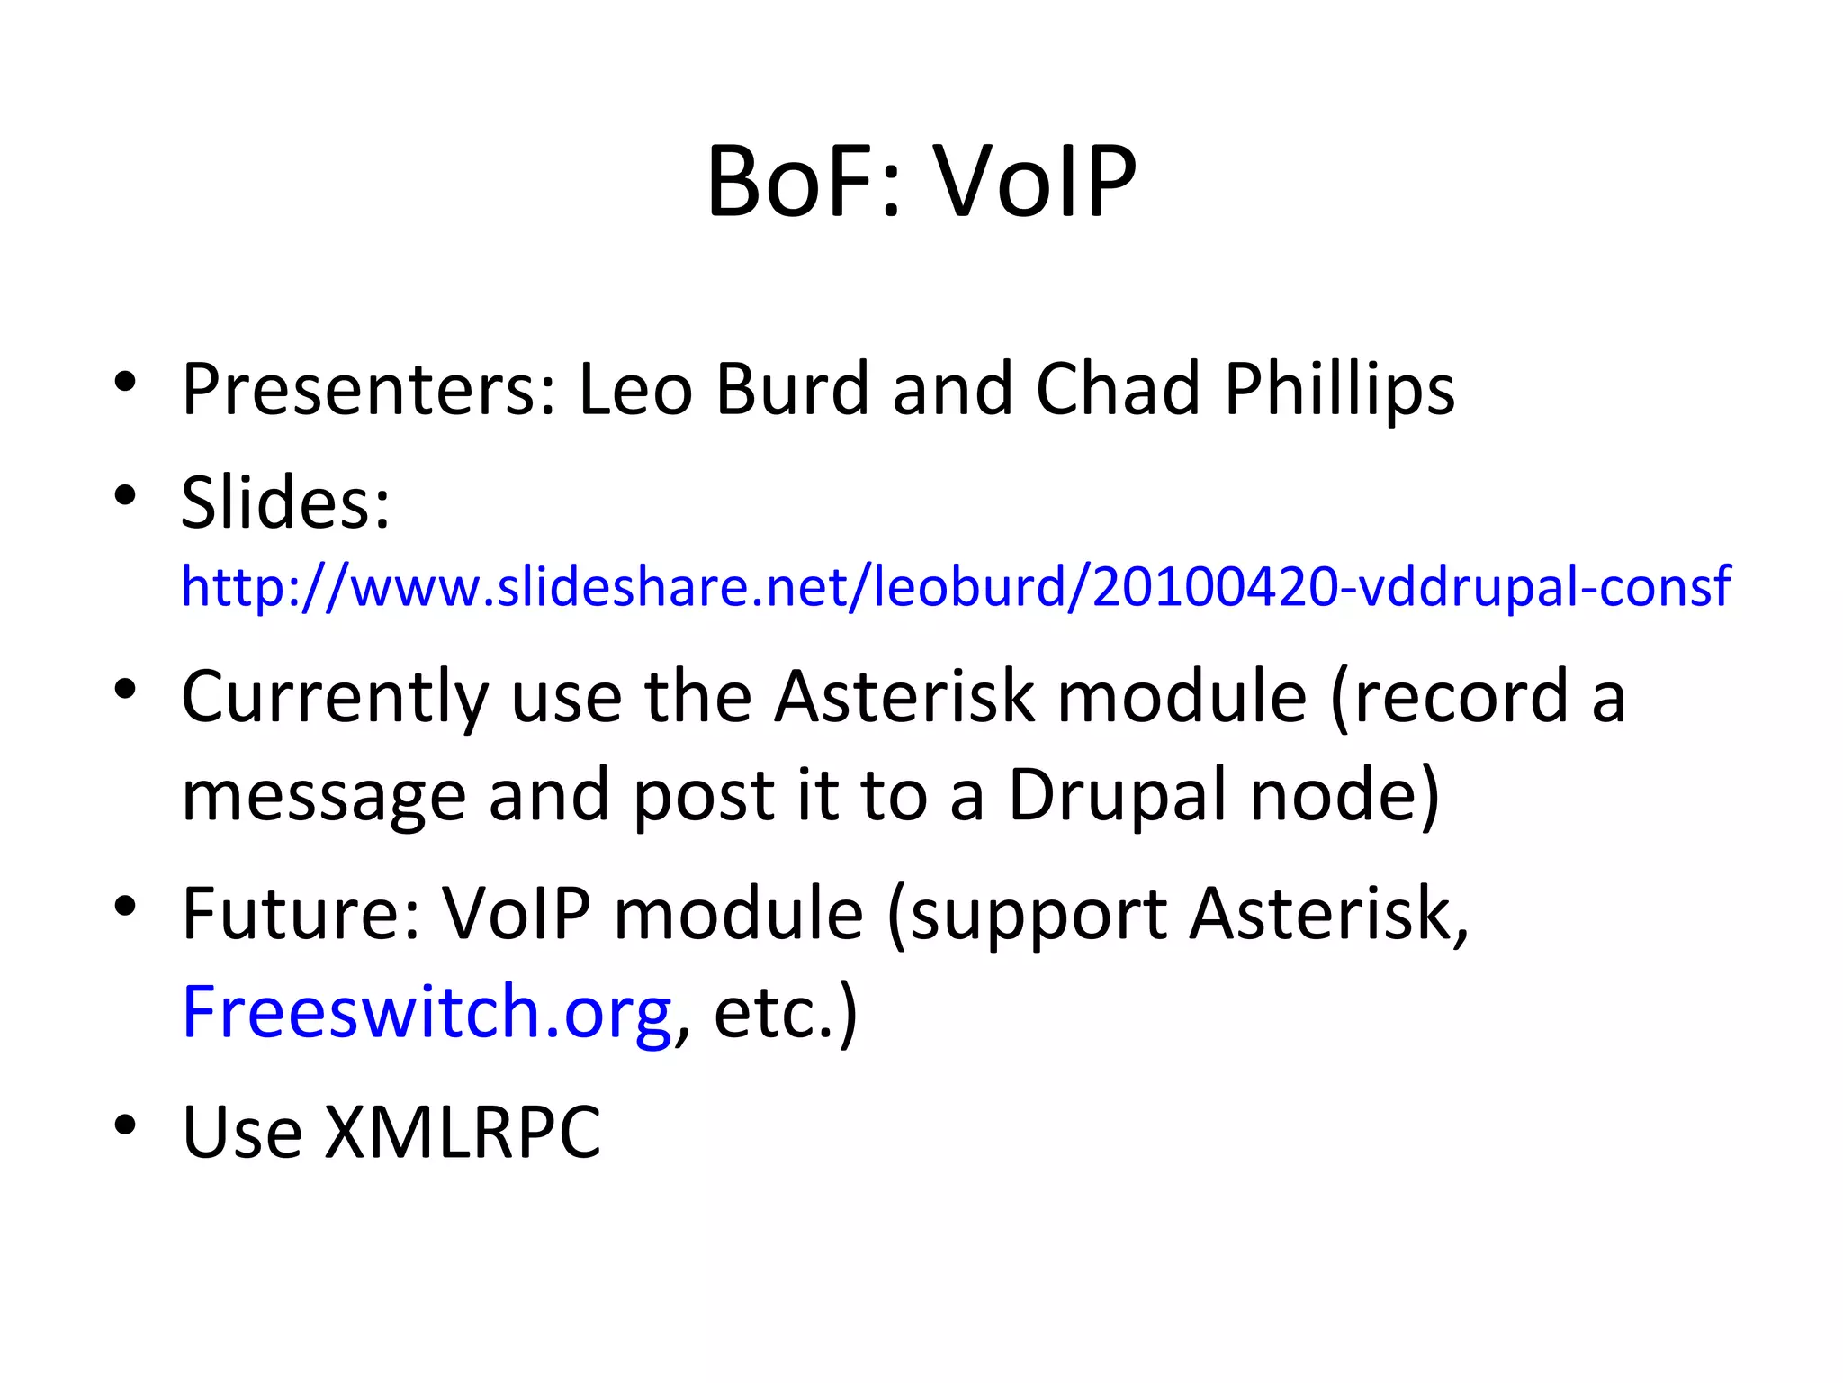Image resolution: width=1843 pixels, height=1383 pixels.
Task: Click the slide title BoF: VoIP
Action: [921, 183]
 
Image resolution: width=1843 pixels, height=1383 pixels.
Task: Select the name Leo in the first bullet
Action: [634, 390]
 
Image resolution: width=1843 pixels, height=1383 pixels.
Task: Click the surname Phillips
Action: [1339, 390]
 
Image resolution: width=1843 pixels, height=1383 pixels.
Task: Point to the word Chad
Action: [1118, 390]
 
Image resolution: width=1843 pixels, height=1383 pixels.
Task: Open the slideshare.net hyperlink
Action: [955, 587]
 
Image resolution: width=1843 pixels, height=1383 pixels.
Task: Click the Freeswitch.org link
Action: [426, 1013]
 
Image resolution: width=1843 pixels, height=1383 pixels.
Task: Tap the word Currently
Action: [335, 698]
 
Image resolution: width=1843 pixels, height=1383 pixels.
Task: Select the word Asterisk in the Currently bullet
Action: [904, 698]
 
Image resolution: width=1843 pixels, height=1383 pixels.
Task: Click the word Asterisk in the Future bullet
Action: [1328, 914]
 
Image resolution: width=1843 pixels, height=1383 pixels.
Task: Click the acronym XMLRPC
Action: [462, 1132]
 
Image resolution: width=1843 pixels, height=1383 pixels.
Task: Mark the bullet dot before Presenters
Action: [125, 382]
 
